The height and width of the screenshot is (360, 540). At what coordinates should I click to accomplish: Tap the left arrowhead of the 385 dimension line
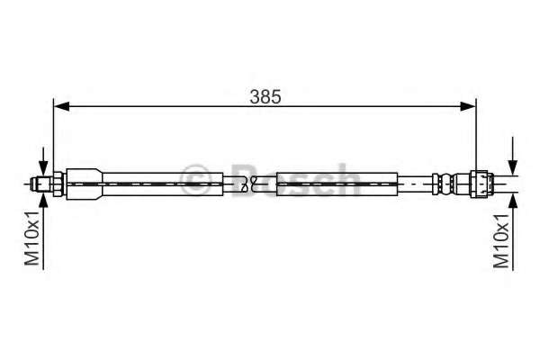[x=60, y=107]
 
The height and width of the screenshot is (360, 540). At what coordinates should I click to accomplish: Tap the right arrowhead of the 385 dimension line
[x=470, y=107]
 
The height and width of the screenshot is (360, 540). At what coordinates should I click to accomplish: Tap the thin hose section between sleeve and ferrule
[x=414, y=184]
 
